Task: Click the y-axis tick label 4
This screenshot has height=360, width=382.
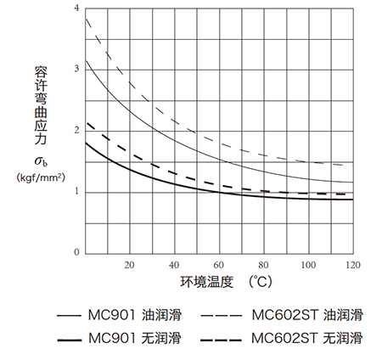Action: [76, 8]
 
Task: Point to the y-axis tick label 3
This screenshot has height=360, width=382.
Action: [76, 69]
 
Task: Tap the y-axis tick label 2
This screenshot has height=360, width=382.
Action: [76, 130]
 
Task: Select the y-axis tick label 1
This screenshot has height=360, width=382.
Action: [76, 191]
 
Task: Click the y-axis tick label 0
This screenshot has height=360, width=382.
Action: [76, 252]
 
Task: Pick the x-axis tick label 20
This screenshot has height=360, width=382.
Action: [129, 265]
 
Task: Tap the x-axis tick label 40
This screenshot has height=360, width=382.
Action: [174, 265]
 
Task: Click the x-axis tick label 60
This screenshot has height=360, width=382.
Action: [219, 265]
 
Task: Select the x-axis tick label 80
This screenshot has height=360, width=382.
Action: [263, 265]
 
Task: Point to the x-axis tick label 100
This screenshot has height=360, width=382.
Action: [308, 265]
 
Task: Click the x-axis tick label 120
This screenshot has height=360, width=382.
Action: [353, 265]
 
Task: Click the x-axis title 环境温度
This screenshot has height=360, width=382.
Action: [207, 282]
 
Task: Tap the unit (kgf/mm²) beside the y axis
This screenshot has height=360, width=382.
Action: [41, 177]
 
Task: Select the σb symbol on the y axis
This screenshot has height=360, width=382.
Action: [41, 161]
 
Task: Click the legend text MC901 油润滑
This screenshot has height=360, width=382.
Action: [135, 315]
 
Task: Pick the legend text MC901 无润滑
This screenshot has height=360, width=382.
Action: [135, 338]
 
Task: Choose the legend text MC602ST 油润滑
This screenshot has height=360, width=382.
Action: [307, 315]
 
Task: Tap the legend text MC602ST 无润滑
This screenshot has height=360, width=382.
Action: [307, 338]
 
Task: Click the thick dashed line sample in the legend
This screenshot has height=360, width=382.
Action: [221, 340]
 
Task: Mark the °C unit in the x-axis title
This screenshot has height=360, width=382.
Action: [261, 282]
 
